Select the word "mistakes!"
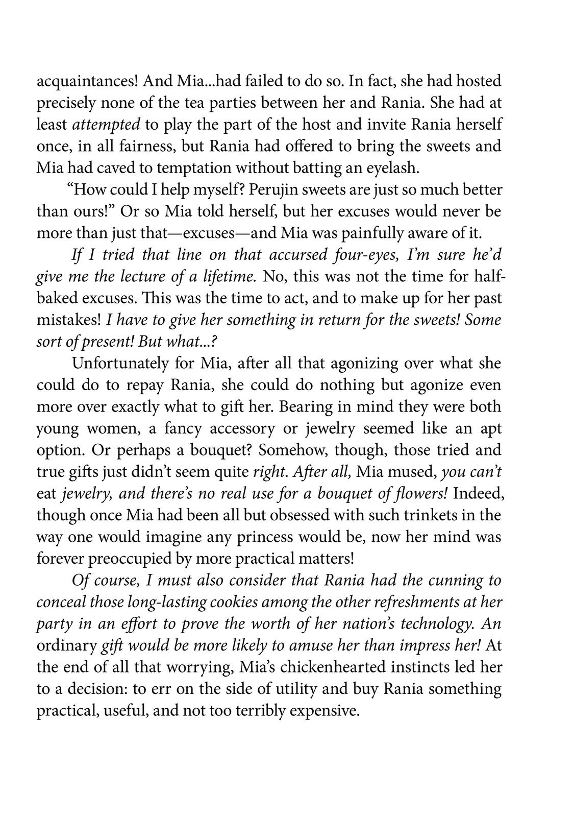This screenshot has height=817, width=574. coord(69,320)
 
